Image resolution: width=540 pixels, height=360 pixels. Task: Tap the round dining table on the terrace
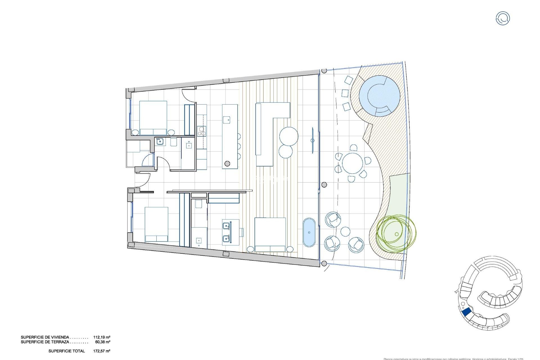(x=352, y=163)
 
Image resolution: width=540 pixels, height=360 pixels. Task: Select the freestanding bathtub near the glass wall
(x=309, y=232)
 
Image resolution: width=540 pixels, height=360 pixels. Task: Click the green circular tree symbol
(x=396, y=233)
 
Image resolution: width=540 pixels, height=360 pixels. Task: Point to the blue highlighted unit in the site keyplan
(x=467, y=312)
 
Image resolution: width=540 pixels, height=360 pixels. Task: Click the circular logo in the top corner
(x=503, y=18)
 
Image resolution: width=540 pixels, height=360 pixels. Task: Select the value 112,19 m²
(x=102, y=337)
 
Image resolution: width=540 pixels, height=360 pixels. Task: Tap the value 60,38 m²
(x=103, y=342)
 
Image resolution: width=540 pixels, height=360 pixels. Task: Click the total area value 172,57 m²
(x=102, y=351)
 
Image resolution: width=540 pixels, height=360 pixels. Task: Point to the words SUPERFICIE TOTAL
(x=67, y=351)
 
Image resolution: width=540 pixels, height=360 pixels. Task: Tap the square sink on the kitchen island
(x=227, y=120)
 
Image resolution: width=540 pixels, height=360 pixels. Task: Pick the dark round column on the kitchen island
(x=227, y=163)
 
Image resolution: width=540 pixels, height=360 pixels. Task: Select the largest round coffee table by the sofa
(x=289, y=136)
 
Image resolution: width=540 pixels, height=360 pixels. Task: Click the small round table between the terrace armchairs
(x=345, y=232)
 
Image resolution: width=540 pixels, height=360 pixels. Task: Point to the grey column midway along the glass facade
(x=324, y=185)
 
